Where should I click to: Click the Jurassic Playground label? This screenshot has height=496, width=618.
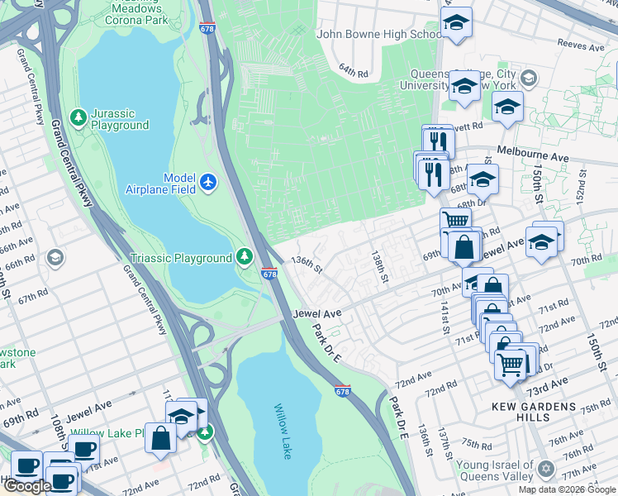click(x=120, y=119)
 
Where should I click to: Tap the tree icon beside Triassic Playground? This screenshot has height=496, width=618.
click(x=245, y=258)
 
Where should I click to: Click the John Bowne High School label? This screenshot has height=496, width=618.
click(x=379, y=35)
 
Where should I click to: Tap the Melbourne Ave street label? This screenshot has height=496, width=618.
click(x=532, y=155)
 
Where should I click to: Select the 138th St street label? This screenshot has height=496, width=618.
click(x=379, y=266)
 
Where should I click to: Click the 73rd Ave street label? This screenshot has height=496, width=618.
click(x=547, y=386)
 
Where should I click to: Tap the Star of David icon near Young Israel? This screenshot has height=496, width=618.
click(x=544, y=470)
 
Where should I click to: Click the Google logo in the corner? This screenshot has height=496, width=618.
click(x=27, y=486)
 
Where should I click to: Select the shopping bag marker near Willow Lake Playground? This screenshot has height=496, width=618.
click(x=160, y=438)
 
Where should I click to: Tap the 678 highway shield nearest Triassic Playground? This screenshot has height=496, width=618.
click(x=269, y=274)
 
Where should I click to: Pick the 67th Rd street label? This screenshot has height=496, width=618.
click(x=33, y=296)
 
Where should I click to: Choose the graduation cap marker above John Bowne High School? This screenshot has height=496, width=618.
click(x=454, y=23)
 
